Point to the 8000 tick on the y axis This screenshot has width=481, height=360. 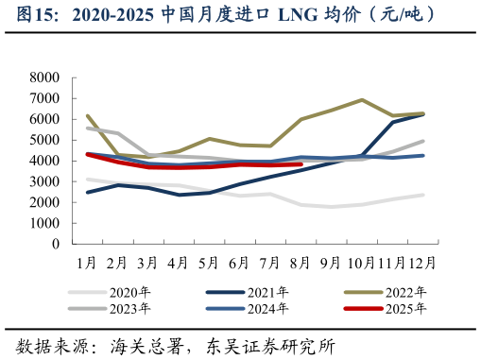(44, 77)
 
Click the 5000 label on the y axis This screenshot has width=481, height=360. (44, 140)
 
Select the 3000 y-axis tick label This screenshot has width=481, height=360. (44, 181)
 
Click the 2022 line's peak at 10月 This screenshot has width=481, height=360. (361, 99)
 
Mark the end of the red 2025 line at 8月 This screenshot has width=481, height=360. (301, 164)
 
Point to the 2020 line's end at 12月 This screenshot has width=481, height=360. (421, 195)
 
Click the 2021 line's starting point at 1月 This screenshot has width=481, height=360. (87, 192)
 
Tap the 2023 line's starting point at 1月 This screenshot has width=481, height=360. (87, 129)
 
